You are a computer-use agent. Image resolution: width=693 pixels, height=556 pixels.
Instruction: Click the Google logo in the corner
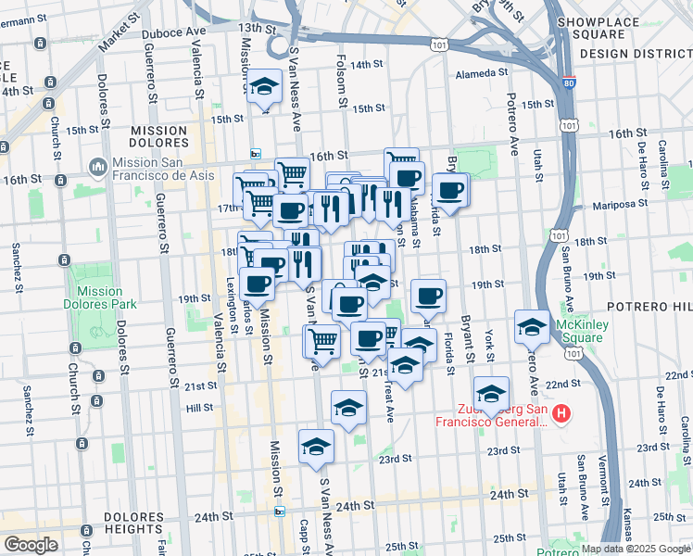coord(31,545)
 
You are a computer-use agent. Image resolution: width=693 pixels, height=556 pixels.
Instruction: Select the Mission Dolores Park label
coord(100,297)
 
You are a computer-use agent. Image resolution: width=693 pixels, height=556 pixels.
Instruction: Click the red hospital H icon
coord(561,413)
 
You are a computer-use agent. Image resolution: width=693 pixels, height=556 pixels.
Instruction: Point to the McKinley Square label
coord(580,330)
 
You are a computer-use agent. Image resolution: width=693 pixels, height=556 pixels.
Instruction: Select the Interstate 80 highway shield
coord(569,82)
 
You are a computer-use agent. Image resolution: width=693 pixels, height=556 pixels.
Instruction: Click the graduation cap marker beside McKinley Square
coord(532,326)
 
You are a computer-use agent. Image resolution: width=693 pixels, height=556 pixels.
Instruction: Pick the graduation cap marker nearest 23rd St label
coord(317,446)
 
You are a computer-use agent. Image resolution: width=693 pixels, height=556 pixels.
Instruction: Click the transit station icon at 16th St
coord(256,154)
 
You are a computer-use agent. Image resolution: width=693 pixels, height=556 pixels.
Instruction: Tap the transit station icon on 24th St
coord(279,510)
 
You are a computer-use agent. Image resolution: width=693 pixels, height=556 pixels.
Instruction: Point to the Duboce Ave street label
coord(173,31)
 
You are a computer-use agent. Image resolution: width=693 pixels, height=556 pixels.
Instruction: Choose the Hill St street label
coord(199,407)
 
